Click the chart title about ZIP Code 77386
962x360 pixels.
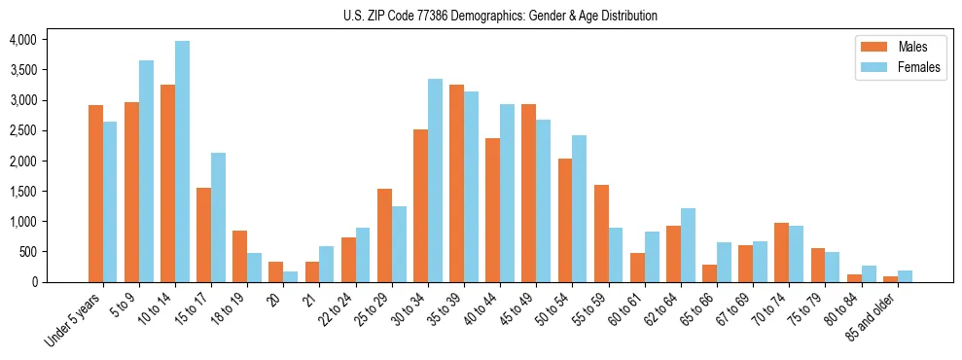(x=500, y=16)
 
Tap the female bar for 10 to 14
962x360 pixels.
(x=183, y=162)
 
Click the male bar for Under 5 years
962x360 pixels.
(x=95, y=194)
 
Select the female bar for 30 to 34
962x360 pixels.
(x=435, y=180)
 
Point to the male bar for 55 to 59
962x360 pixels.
(x=601, y=234)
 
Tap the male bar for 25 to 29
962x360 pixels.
(x=384, y=235)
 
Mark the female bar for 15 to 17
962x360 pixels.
(x=219, y=217)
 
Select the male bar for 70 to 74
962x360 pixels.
(x=781, y=252)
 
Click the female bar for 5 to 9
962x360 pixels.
(x=146, y=171)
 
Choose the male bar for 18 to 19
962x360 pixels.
(x=239, y=256)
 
